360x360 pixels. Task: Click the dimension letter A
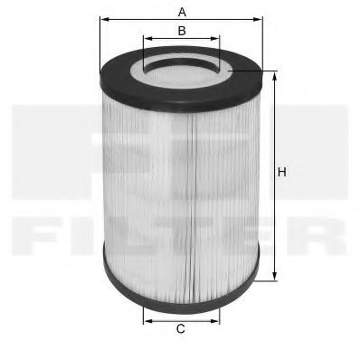182,11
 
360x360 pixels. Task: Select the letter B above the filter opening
182,31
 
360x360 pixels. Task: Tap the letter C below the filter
181,328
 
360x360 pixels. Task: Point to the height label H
282,172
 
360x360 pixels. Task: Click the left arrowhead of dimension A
101,19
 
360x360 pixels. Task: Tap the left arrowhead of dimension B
146,39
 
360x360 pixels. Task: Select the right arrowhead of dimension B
218,39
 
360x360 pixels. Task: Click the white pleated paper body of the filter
181,181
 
